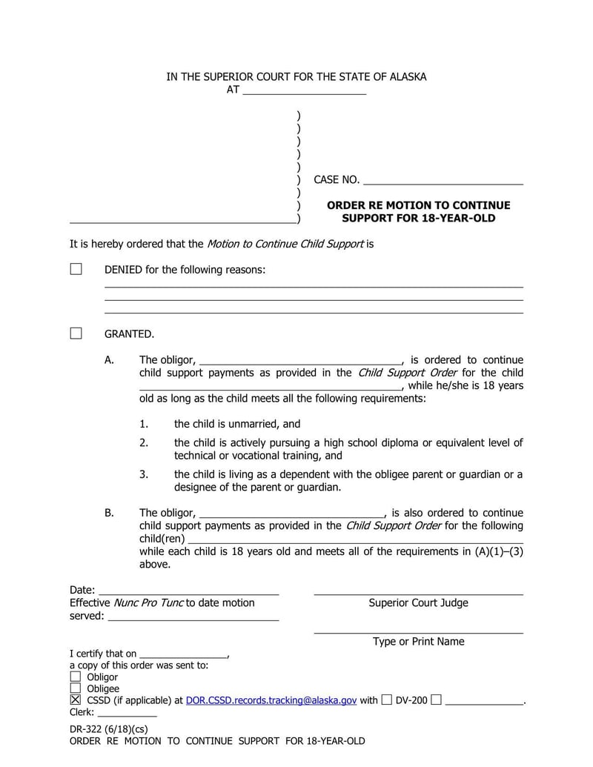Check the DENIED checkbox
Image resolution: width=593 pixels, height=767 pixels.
(76, 269)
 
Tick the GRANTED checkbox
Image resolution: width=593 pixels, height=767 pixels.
(76, 333)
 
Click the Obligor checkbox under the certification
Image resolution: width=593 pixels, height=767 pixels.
(75, 677)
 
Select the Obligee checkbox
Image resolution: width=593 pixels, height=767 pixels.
(75, 688)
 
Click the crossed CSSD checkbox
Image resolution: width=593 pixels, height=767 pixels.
(75, 700)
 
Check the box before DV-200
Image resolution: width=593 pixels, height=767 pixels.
(386, 700)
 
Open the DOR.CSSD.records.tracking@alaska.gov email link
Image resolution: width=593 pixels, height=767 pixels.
(271, 700)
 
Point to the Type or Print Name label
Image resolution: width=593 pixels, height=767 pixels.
(418, 642)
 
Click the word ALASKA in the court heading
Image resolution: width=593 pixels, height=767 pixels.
(405, 77)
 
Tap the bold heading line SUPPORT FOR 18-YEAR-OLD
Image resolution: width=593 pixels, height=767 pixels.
(418, 219)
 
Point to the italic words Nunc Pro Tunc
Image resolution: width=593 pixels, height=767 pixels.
(148, 603)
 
